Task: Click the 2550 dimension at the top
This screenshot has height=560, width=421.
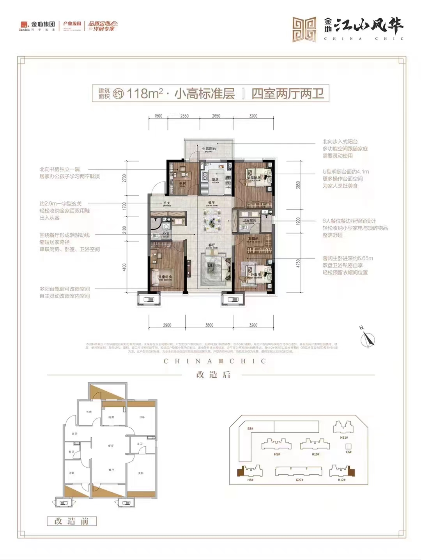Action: [184, 116]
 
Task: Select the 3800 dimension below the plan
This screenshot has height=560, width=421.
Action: [209, 325]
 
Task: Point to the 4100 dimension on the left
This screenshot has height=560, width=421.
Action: [124, 267]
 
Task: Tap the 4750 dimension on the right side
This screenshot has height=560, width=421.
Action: [298, 263]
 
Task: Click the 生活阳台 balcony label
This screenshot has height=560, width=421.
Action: [209, 149]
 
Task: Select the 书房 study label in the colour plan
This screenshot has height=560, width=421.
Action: [182, 183]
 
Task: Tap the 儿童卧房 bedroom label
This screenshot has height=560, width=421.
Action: [165, 277]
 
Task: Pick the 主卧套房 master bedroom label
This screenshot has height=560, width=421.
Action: [254, 275]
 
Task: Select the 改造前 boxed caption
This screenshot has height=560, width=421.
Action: [71, 521]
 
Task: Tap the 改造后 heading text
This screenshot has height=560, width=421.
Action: [213, 375]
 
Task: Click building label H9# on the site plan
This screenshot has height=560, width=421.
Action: [277, 454]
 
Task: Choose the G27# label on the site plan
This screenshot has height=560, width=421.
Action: [299, 480]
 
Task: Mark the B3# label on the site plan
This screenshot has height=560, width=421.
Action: [250, 428]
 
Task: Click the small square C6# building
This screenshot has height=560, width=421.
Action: [348, 447]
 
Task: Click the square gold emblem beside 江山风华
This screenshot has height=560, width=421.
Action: [304, 30]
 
